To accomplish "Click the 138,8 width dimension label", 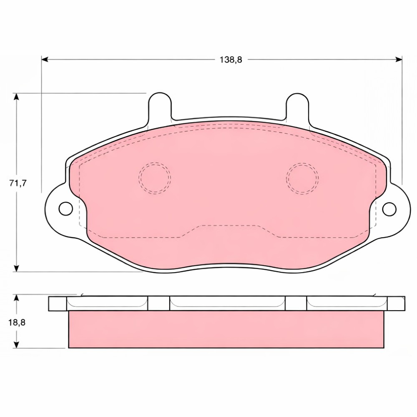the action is [231, 60].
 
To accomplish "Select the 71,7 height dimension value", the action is [18, 183].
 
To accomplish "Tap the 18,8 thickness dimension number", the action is [17, 323].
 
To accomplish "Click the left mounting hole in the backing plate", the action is [66, 209].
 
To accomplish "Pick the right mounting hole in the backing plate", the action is [389, 209].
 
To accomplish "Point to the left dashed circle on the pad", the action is [155, 178].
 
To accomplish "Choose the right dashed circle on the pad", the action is [303, 178].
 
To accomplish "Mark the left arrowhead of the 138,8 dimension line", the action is [45, 59].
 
